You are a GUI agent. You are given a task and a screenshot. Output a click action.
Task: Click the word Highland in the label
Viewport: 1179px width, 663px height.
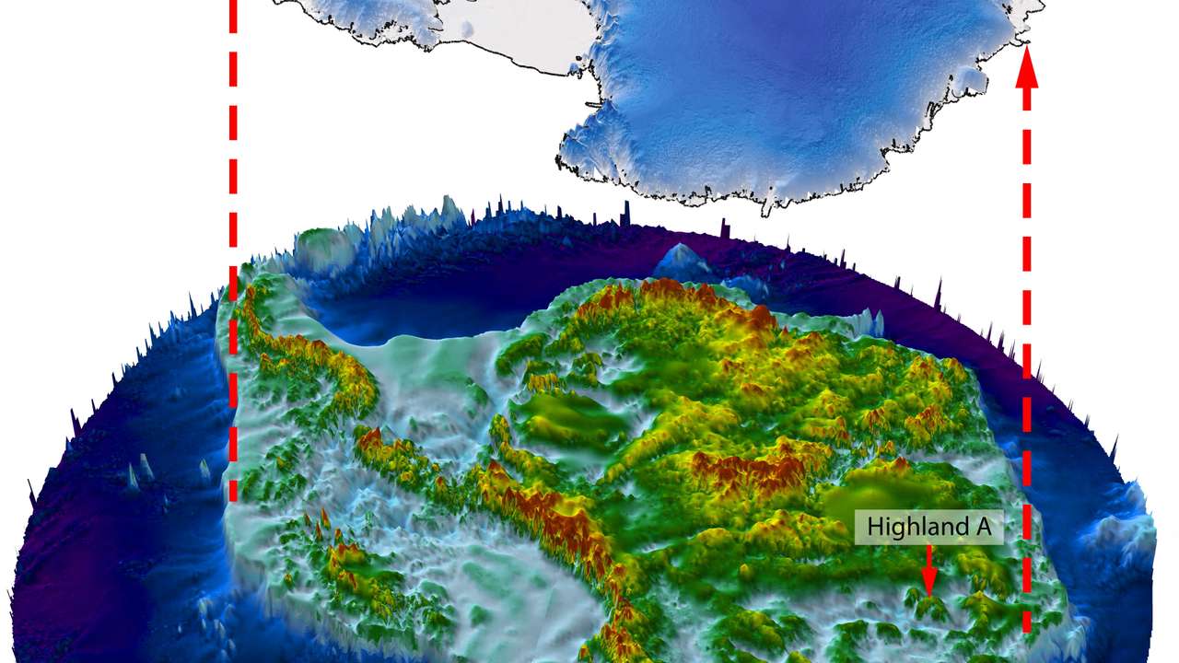[x=910, y=528]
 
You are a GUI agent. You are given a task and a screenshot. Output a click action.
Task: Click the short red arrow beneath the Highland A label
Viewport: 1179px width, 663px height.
[x=928, y=570]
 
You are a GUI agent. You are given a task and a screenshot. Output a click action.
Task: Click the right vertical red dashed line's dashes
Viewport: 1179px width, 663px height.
[x=1027, y=368]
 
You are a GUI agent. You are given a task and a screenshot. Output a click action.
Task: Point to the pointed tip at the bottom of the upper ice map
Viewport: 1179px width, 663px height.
[x=767, y=211]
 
